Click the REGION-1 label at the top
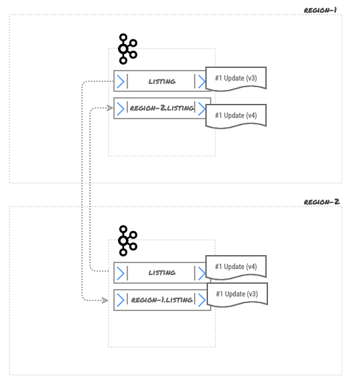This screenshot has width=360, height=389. (x=320, y=10)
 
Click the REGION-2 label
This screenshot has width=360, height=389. (x=321, y=202)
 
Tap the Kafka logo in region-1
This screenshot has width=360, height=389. (x=127, y=49)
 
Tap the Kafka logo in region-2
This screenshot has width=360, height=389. (x=127, y=240)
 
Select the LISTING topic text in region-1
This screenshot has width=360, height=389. (x=162, y=81)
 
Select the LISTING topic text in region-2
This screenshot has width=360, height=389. (x=162, y=272)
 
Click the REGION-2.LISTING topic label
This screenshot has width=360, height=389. (x=161, y=108)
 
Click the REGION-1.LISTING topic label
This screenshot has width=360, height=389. (x=161, y=300)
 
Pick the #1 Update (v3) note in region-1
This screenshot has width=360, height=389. (x=236, y=79)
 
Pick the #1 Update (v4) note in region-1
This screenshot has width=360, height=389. (x=236, y=116)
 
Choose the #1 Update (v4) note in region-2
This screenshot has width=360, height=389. (x=236, y=267)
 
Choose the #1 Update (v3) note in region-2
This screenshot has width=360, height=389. (x=237, y=294)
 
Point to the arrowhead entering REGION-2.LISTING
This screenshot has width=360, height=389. (x=110, y=108)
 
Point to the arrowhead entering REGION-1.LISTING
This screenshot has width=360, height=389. (x=105, y=300)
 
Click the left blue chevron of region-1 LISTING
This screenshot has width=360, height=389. (x=121, y=81)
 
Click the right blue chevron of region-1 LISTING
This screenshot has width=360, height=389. (x=202, y=81)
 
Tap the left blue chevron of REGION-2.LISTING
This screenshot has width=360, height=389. (x=121, y=109)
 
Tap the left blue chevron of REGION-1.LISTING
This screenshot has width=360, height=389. (x=121, y=300)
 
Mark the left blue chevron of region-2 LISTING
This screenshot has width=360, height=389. (x=121, y=273)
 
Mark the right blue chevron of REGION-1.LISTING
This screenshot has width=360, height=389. (x=202, y=300)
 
